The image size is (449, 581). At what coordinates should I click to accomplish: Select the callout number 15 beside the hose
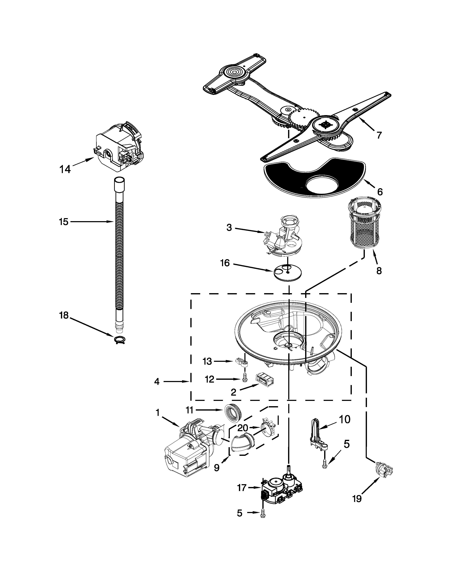(64, 222)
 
